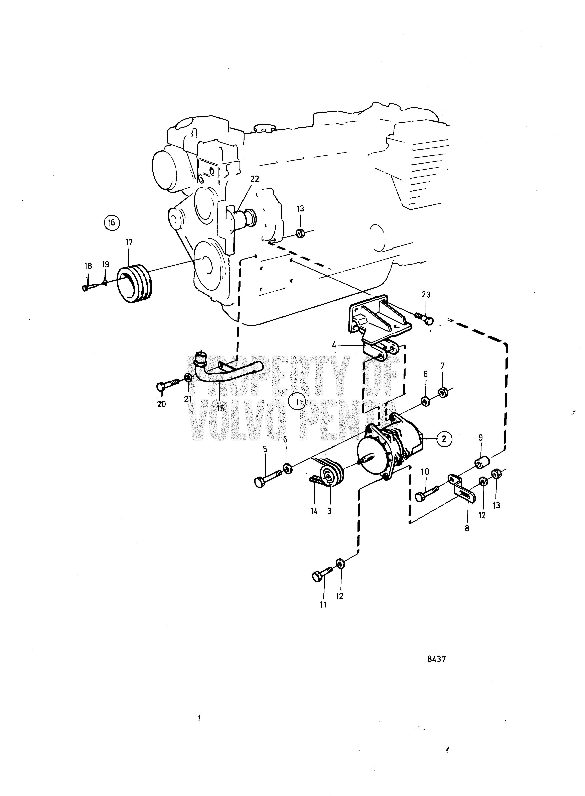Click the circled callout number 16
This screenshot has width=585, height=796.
pos(112,223)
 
